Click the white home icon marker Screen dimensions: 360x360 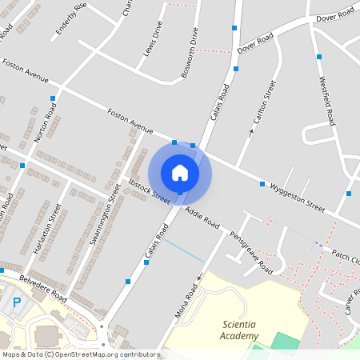click(x=179, y=172)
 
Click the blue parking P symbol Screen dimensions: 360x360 click(x=17, y=302)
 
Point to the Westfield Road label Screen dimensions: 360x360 click(x=326, y=101)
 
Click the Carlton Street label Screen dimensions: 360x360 click(x=265, y=102)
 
